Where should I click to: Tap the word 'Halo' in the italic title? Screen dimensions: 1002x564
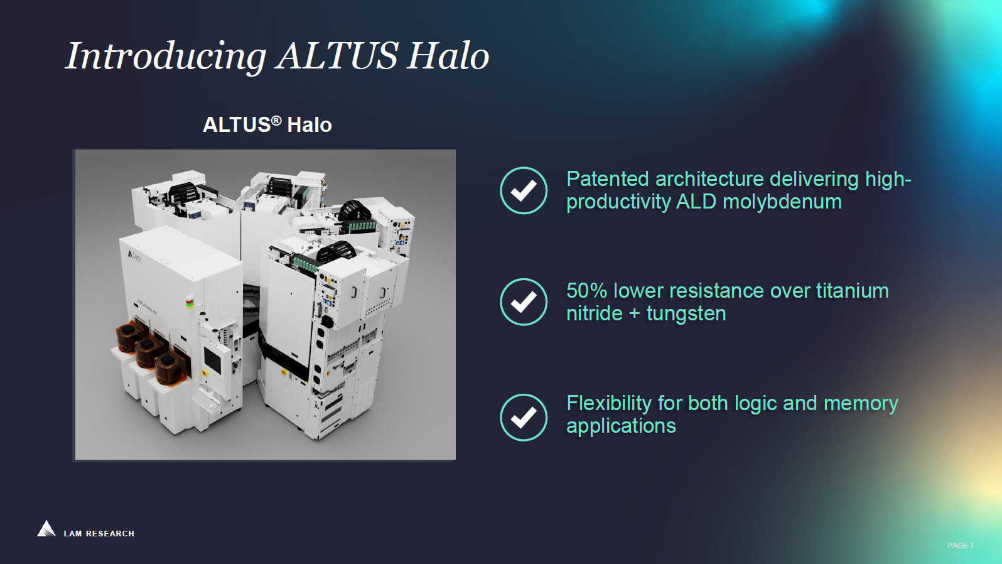[x=448, y=56]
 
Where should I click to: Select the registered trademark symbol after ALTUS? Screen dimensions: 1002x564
[x=276, y=120]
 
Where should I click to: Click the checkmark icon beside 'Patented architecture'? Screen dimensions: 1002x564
[x=524, y=190]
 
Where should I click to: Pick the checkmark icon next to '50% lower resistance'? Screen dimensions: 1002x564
[x=524, y=301]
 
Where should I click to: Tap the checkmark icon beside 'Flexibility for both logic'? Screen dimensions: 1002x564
[x=524, y=417]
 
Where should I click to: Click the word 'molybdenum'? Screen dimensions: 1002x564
[x=782, y=202]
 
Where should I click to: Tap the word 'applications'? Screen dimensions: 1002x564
[x=621, y=426]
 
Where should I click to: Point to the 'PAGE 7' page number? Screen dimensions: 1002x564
[x=961, y=546]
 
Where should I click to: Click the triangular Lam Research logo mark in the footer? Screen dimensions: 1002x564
[x=46, y=529]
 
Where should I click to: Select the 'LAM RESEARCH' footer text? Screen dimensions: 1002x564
[x=99, y=534]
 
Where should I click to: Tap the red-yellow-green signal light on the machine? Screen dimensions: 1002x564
[x=190, y=303]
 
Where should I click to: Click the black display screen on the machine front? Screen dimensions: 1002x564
[x=212, y=360]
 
